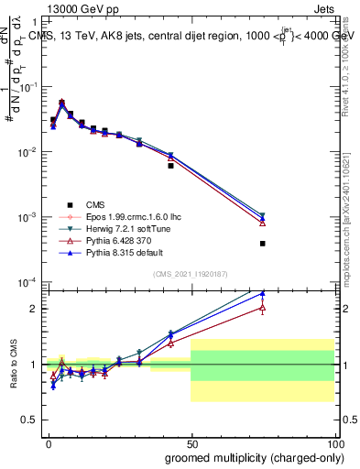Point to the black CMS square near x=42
click(170, 166)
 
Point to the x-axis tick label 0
click(48, 442)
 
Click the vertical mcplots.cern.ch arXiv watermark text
click(352, 211)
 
